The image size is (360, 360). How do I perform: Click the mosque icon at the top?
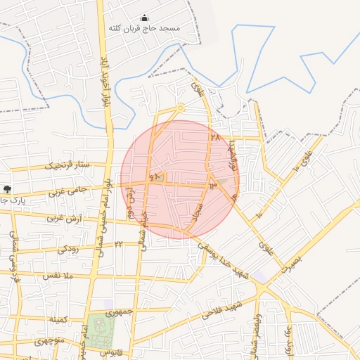coord(145,18)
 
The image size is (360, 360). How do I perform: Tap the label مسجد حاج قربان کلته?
coord(144,29)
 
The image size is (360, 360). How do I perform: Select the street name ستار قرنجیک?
coord(68,166)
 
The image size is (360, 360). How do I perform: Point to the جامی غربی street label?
coord(66,190)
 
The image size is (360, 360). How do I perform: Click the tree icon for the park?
coord(7,188)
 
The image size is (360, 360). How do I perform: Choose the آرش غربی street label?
coord(65,217)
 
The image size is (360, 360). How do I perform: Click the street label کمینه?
coord(58,320)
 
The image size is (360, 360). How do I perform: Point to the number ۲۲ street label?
coord(118,244)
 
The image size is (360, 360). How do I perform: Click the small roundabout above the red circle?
coord(181,108)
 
